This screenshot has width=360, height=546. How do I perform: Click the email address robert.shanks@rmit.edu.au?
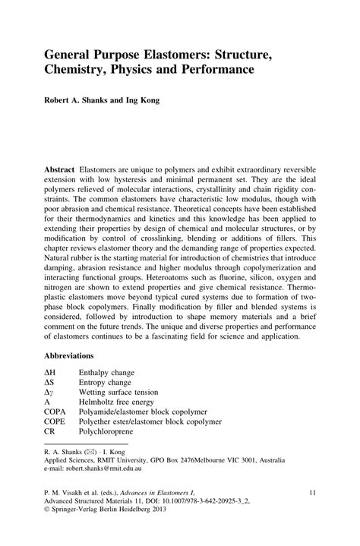(x=116, y=480)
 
